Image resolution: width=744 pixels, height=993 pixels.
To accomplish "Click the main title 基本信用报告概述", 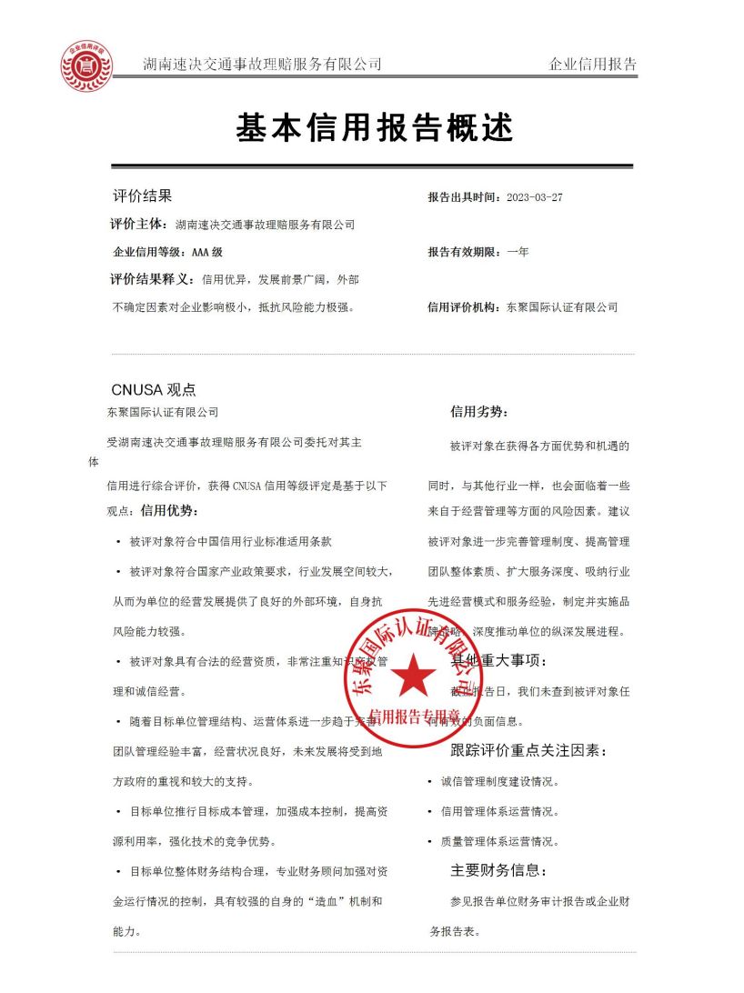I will pyautogui.click(x=375, y=128).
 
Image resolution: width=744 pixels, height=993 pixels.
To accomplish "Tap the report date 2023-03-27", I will pyautogui.click(x=534, y=197).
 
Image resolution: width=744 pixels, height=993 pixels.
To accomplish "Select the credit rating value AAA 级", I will pyautogui.click(x=207, y=252).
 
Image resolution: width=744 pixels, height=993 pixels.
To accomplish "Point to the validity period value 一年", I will pyautogui.click(x=518, y=252).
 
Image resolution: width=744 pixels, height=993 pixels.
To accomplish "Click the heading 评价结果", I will pyautogui.click(x=142, y=196).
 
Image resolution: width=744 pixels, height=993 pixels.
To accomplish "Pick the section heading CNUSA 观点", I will pyautogui.click(x=153, y=390).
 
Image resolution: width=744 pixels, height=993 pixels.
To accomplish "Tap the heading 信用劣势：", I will pyautogui.click(x=479, y=412).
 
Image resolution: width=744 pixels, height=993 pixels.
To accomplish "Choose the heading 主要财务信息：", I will pyautogui.click(x=506, y=870).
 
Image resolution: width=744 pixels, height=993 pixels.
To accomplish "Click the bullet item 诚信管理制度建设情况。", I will pyautogui.click(x=500, y=781).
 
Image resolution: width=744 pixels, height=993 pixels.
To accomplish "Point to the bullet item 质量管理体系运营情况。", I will pyautogui.click(x=500, y=841).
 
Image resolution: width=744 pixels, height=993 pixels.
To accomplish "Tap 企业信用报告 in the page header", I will pyautogui.click(x=593, y=65).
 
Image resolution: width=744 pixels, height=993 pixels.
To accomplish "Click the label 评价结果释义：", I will pyautogui.click(x=152, y=279).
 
